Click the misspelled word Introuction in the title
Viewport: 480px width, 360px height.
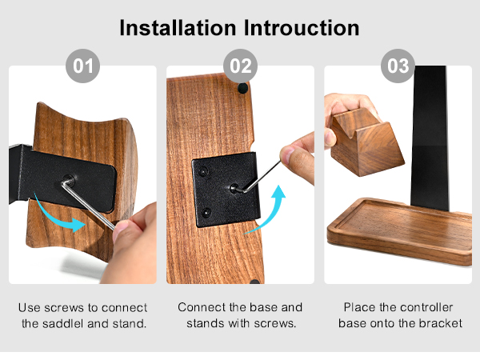click(299, 27)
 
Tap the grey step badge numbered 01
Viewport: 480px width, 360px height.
click(82, 66)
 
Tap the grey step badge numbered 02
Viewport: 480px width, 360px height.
click(240, 66)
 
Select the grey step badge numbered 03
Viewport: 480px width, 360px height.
click(398, 66)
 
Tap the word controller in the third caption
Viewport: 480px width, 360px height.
click(425, 307)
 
